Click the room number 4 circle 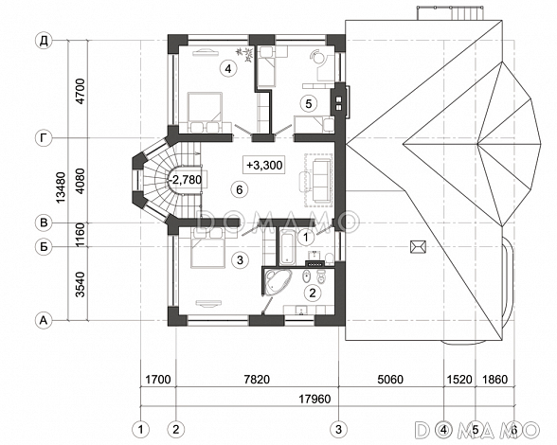pyautogui.click(x=228, y=68)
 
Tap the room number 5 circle pyautogui.click(x=308, y=103)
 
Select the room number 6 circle pyautogui.click(x=239, y=189)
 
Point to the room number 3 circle pyautogui.click(x=240, y=259)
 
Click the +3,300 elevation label pyautogui.click(x=264, y=165)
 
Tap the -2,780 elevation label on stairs pyautogui.click(x=186, y=180)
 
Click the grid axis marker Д pyautogui.click(x=44, y=41)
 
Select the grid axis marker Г pyautogui.click(x=44, y=138)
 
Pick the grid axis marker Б pyautogui.click(x=44, y=246)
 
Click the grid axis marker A pyautogui.click(x=44, y=320)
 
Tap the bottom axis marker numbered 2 pyautogui.click(x=175, y=429)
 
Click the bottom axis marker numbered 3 pyautogui.click(x=338, y=429)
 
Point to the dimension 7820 pyautogui.click(x=257, y=380)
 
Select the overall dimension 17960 pyautogui.click(x=314, y=399)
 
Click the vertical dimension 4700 pyautogui.click(x=81, y=91)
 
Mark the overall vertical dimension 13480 pyautogui.click(x=61, y=187)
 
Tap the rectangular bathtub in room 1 pyautogui.click(x=287, y=248)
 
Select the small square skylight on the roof pyautogui.click(x=418, y=246)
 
